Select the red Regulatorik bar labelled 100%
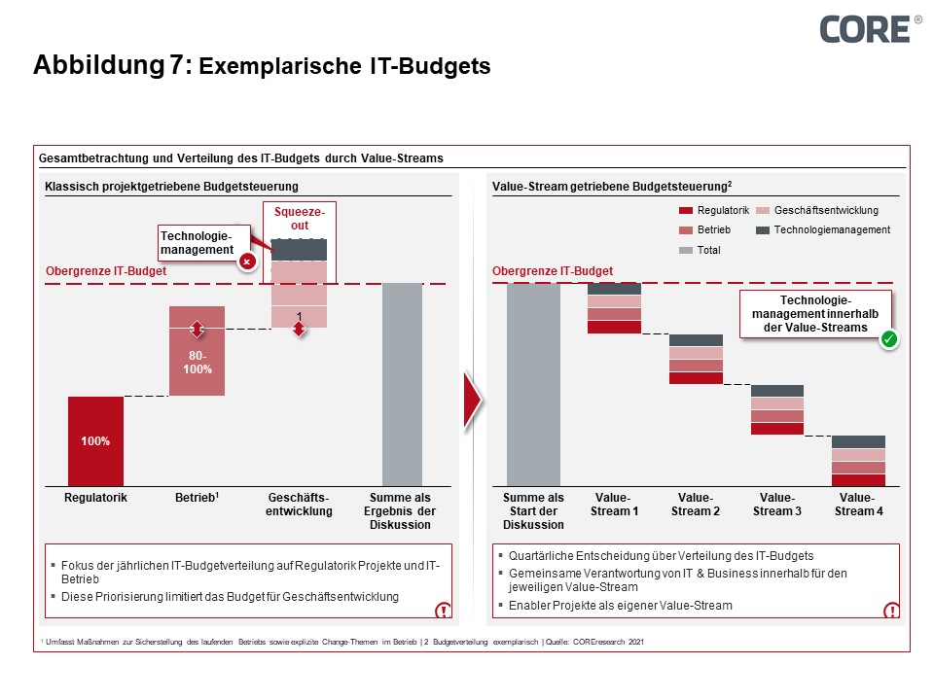(x=95, y=440)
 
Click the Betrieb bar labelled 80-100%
(x=197, y=351)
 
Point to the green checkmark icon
(x=888, y=339)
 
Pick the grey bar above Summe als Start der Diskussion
(x=533, y=384)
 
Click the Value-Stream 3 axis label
(x=776, y=505)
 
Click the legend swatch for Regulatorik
(x=686, y=210)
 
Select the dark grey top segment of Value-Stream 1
(x=614, y=289)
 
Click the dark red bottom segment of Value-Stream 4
(x=857, y=479)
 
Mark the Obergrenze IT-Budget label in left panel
(x=106, y=271)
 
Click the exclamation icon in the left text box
(x=443, y=611)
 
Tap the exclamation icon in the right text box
(x=889, y=611)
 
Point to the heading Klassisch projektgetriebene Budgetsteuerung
(x=171, y=187)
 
